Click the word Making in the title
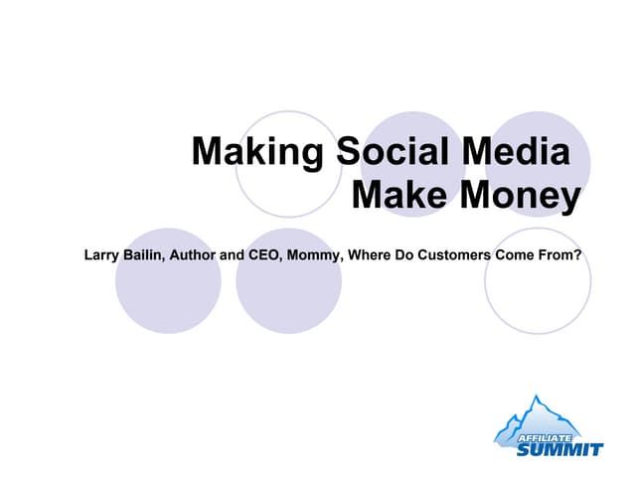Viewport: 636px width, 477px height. pyautogui.click(x=256, y=153)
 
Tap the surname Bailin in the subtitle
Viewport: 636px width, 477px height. pyautogui.click(x=147, y=255)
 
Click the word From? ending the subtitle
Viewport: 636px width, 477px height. pyautogui.click(x=560, y=255)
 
